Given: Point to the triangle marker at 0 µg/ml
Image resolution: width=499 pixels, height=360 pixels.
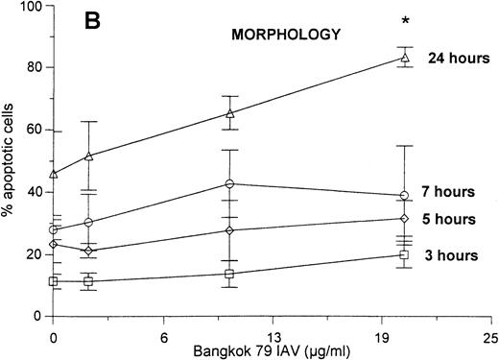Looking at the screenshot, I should [54, 174].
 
